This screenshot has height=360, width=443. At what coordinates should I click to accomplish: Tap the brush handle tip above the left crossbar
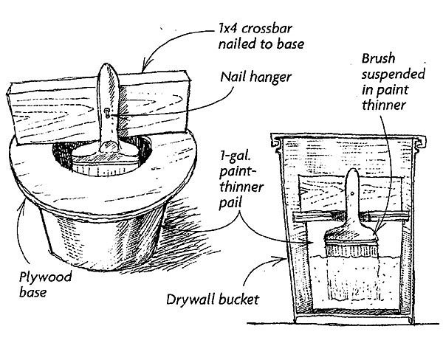click(106, 71)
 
